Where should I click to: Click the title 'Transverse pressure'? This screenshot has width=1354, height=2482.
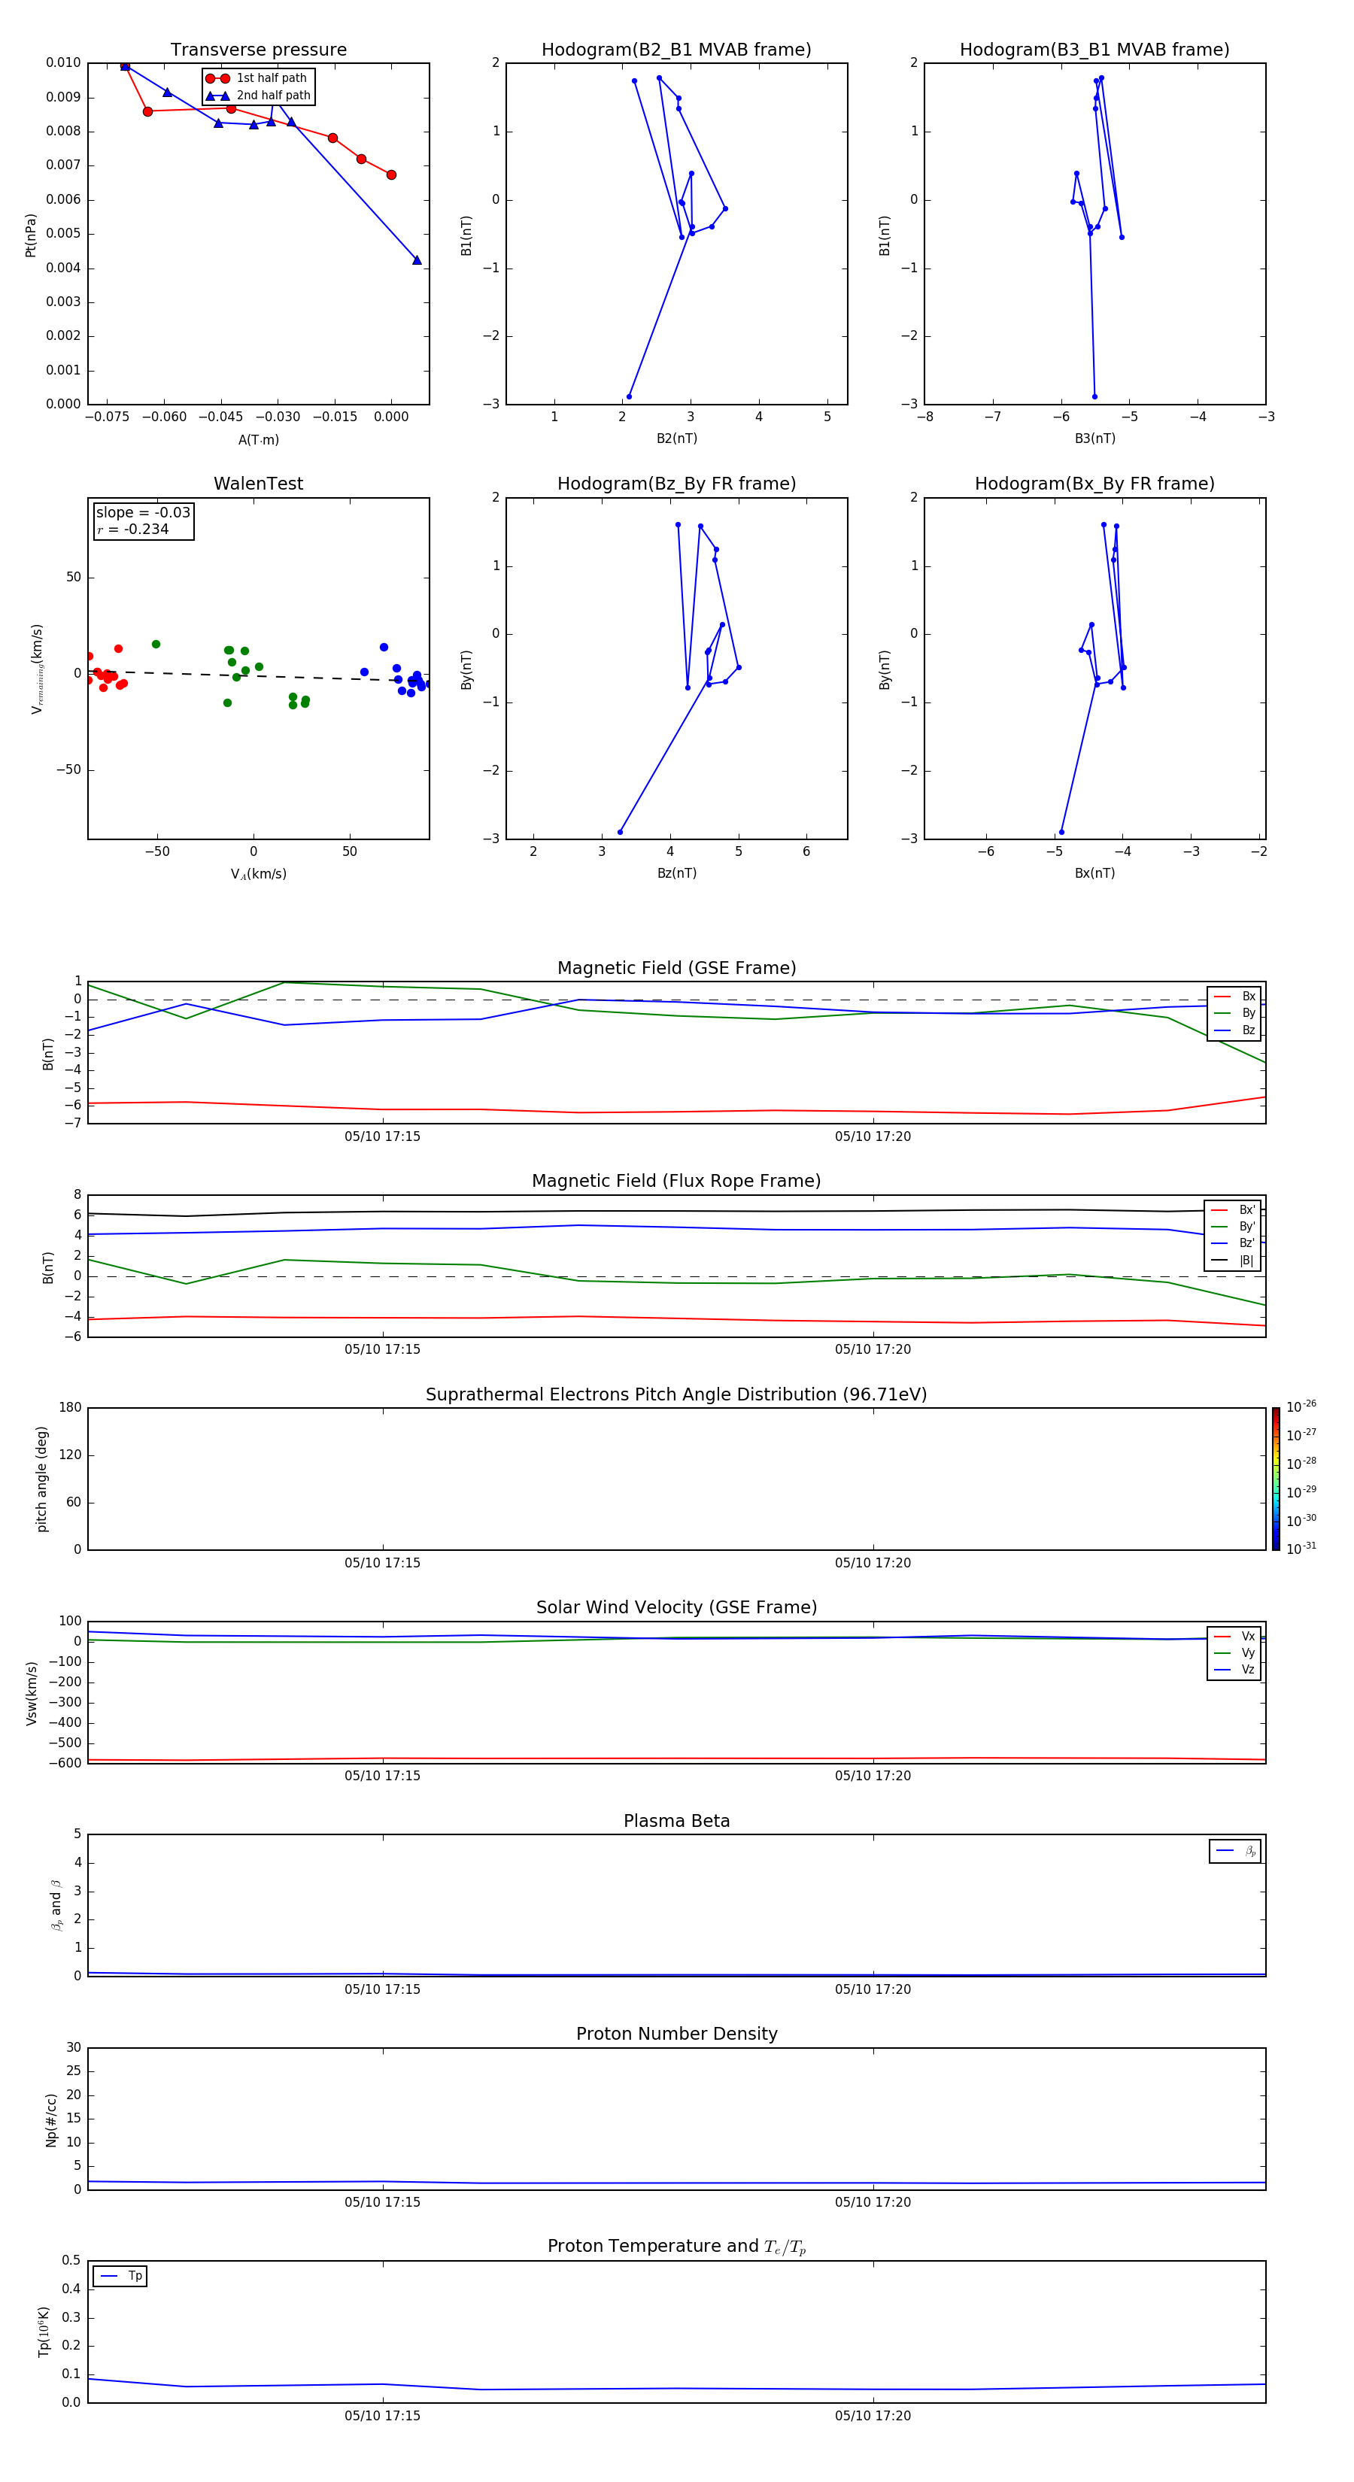click(x=258, y=50)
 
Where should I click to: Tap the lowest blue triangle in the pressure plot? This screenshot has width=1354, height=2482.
click(x=416, y=260)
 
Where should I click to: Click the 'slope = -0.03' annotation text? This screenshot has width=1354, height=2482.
click(x=143, y=513)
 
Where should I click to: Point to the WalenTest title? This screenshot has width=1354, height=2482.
click(x=258, y=484)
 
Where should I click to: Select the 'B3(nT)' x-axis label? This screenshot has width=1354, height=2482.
click(x=1094, y=438)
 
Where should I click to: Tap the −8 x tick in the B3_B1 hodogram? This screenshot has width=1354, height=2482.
click(x=925, y=417)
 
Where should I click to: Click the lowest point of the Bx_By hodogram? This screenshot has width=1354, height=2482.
click(x=1061, y=832)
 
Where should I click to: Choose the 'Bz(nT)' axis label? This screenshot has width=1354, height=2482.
click(x=676, y=873)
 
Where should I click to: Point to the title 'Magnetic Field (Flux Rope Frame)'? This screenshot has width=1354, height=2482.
click(x=676, y=1182)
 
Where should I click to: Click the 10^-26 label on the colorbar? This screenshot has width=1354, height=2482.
click(x=1301, y=1406)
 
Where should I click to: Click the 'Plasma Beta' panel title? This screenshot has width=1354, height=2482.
click(x=676, y=1821)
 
